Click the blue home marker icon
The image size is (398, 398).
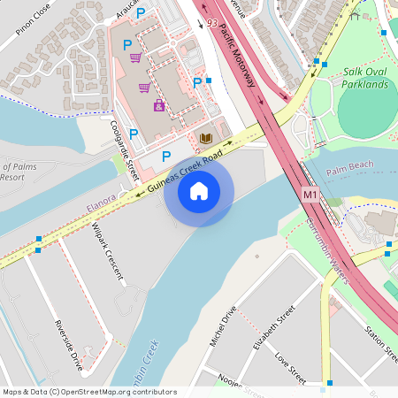click(199, 191)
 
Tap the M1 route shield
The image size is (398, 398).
click(310, 193)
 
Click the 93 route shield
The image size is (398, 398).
click(210, 22)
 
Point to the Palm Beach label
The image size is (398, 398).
click(350, 165)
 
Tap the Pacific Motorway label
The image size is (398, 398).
click(236, 54)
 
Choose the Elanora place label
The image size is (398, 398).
click(102, 204)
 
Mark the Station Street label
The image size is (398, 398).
click(380, 341)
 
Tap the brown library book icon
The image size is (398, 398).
click(205, 138)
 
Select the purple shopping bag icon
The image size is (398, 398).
click(159, 105)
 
